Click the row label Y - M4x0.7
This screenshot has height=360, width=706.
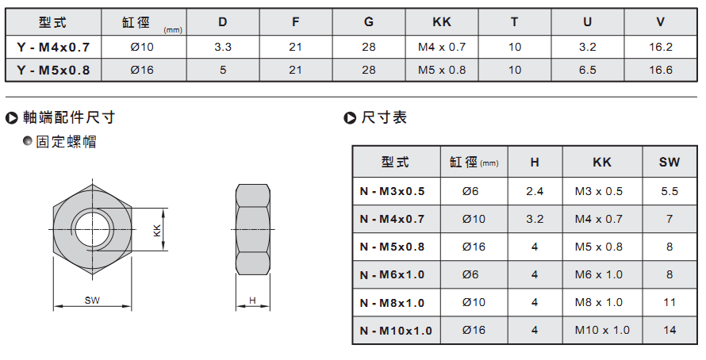[53, 47]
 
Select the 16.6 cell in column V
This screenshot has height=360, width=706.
[661, 70]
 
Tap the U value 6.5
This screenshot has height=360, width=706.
[588, 70]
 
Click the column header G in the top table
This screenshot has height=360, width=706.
[369, 21]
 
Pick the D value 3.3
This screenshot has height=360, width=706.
[223, 47]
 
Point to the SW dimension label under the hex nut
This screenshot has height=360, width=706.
[92, 301]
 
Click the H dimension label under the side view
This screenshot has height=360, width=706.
[252, 301]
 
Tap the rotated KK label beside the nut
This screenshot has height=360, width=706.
[157, 231]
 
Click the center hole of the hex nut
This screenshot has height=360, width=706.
[92, 229]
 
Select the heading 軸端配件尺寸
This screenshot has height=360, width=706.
[69, 117]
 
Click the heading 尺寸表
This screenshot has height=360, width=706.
[384, 117]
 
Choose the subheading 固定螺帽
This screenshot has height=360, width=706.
[66, 142]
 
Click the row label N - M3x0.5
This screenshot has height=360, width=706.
[392, 191]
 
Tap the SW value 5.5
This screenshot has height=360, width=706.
[670, 191]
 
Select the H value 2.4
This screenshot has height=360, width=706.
[535, 191]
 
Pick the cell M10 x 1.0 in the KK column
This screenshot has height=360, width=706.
[602, 330]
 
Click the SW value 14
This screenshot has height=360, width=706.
[670, 330]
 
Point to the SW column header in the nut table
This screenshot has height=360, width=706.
[670, 162]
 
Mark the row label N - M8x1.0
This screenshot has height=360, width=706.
[392, 303]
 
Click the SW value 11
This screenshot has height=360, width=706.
[670, 302]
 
